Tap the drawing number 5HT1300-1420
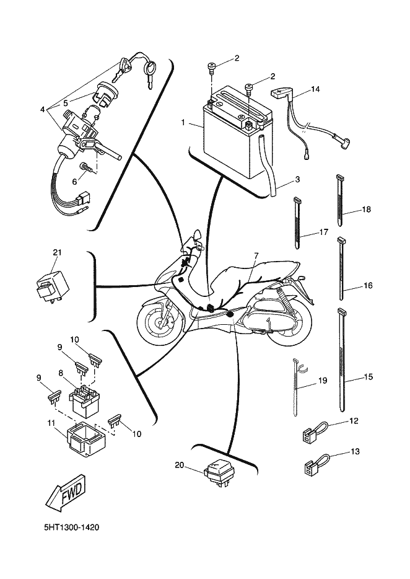[72, 527]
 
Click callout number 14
[315, 89]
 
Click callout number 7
[256, 255]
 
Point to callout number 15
[369, 377]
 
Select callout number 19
[323, 381]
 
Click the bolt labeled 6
[85, 168]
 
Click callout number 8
[61, 373]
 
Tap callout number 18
[366, 210]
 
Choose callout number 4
[43, 110]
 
